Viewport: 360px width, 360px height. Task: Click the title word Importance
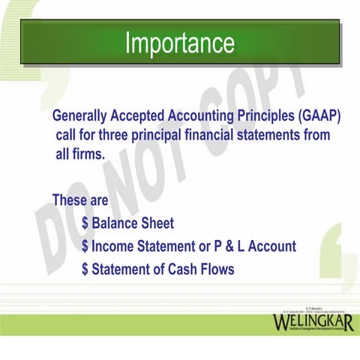[x=180, y=42]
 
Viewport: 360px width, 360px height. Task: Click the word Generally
[x=80, y=117]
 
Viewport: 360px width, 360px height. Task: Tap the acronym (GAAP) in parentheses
[x=319, y=117]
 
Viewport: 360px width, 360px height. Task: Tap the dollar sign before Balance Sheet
[x=86, y=223]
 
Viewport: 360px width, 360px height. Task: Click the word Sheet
[x=158, y=223]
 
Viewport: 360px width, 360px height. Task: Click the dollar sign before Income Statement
[x=86, y=246]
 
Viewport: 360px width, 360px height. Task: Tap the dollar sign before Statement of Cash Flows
[x=86, y=268]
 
